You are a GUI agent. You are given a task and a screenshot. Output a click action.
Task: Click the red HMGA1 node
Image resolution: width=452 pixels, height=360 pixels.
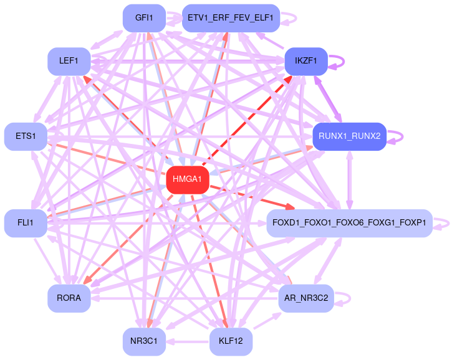(x=187, y=180)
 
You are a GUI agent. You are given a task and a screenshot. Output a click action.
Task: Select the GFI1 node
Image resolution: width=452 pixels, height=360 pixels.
(x=144, y=18)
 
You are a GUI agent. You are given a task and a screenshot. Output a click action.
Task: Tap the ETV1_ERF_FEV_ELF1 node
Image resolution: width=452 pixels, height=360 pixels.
(x=231, y=18)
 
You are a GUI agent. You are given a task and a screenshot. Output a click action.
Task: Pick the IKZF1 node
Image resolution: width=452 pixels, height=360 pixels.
(x=306, y=61)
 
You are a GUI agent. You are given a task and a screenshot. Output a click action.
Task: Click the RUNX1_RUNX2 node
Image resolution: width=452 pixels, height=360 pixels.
(x=349, y=136)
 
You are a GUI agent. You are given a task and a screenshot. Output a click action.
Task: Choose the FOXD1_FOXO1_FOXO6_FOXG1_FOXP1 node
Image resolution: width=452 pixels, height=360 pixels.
(x=349, y=223)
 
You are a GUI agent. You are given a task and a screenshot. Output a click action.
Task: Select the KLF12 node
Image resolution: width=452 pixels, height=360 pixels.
(x=231, y=341)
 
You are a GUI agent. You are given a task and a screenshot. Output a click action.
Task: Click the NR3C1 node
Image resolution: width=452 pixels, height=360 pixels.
(x=144, y=341)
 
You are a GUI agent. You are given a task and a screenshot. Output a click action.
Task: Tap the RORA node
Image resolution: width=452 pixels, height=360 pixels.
(x=69, y=298)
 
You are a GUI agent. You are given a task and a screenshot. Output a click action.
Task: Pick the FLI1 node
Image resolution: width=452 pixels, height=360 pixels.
(x=26, y=223)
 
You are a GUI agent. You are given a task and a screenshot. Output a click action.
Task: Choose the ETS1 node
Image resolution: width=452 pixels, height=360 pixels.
(x=26, y=136)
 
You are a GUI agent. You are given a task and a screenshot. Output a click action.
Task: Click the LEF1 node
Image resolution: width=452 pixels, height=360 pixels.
(x=69, y=61)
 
